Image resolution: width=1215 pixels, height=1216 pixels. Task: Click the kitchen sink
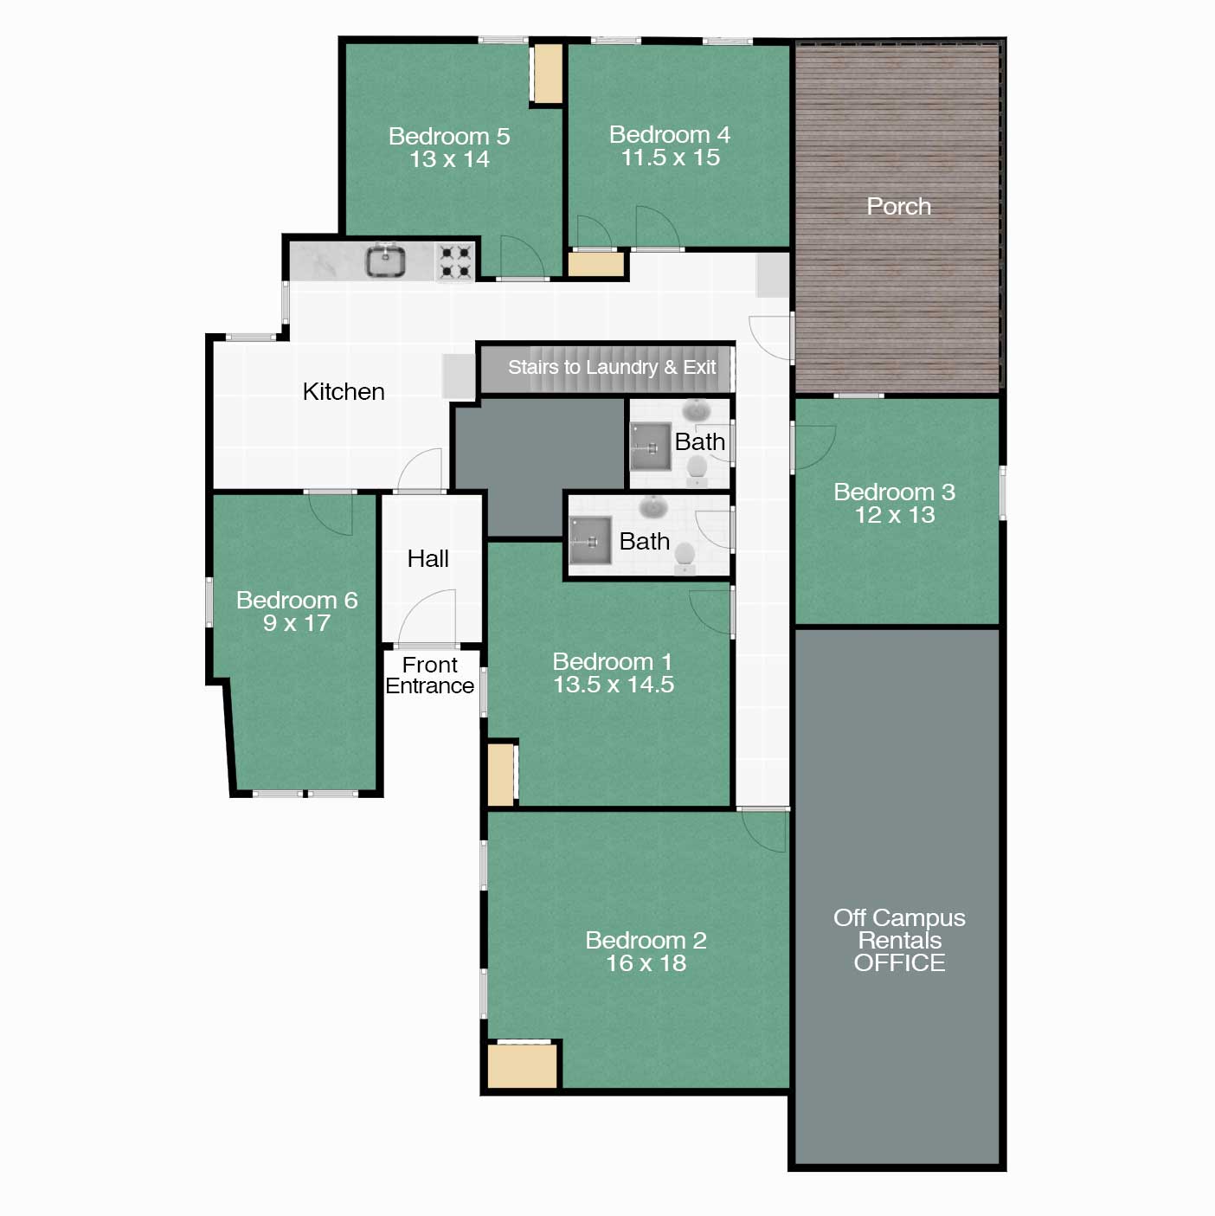386,261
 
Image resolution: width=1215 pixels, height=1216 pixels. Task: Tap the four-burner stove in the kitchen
455,262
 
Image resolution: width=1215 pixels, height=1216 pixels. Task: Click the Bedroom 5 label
449,136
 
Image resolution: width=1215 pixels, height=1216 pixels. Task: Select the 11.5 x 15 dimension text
671,158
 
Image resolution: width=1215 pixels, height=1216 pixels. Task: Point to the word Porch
898,206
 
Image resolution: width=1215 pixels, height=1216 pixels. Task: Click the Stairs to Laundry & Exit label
612,367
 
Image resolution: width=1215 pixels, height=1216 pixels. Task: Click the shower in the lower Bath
591,540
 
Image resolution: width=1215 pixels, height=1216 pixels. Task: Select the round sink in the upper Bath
696,411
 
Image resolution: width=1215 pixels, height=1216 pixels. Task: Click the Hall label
427,558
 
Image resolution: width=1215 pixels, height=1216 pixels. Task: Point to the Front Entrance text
430,675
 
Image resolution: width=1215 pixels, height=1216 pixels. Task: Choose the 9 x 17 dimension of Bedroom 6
297,623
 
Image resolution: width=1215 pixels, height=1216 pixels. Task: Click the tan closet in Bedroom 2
523,1065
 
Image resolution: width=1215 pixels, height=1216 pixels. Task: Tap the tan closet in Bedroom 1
501,774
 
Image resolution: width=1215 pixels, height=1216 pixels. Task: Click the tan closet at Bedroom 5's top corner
548,73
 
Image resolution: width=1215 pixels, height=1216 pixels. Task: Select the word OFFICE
899,962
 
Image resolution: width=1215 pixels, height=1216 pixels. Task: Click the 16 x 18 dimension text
646,963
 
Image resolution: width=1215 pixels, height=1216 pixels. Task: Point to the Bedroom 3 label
894,492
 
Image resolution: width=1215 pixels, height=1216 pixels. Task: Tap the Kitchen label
344,391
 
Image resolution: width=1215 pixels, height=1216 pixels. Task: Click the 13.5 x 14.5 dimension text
614,684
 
